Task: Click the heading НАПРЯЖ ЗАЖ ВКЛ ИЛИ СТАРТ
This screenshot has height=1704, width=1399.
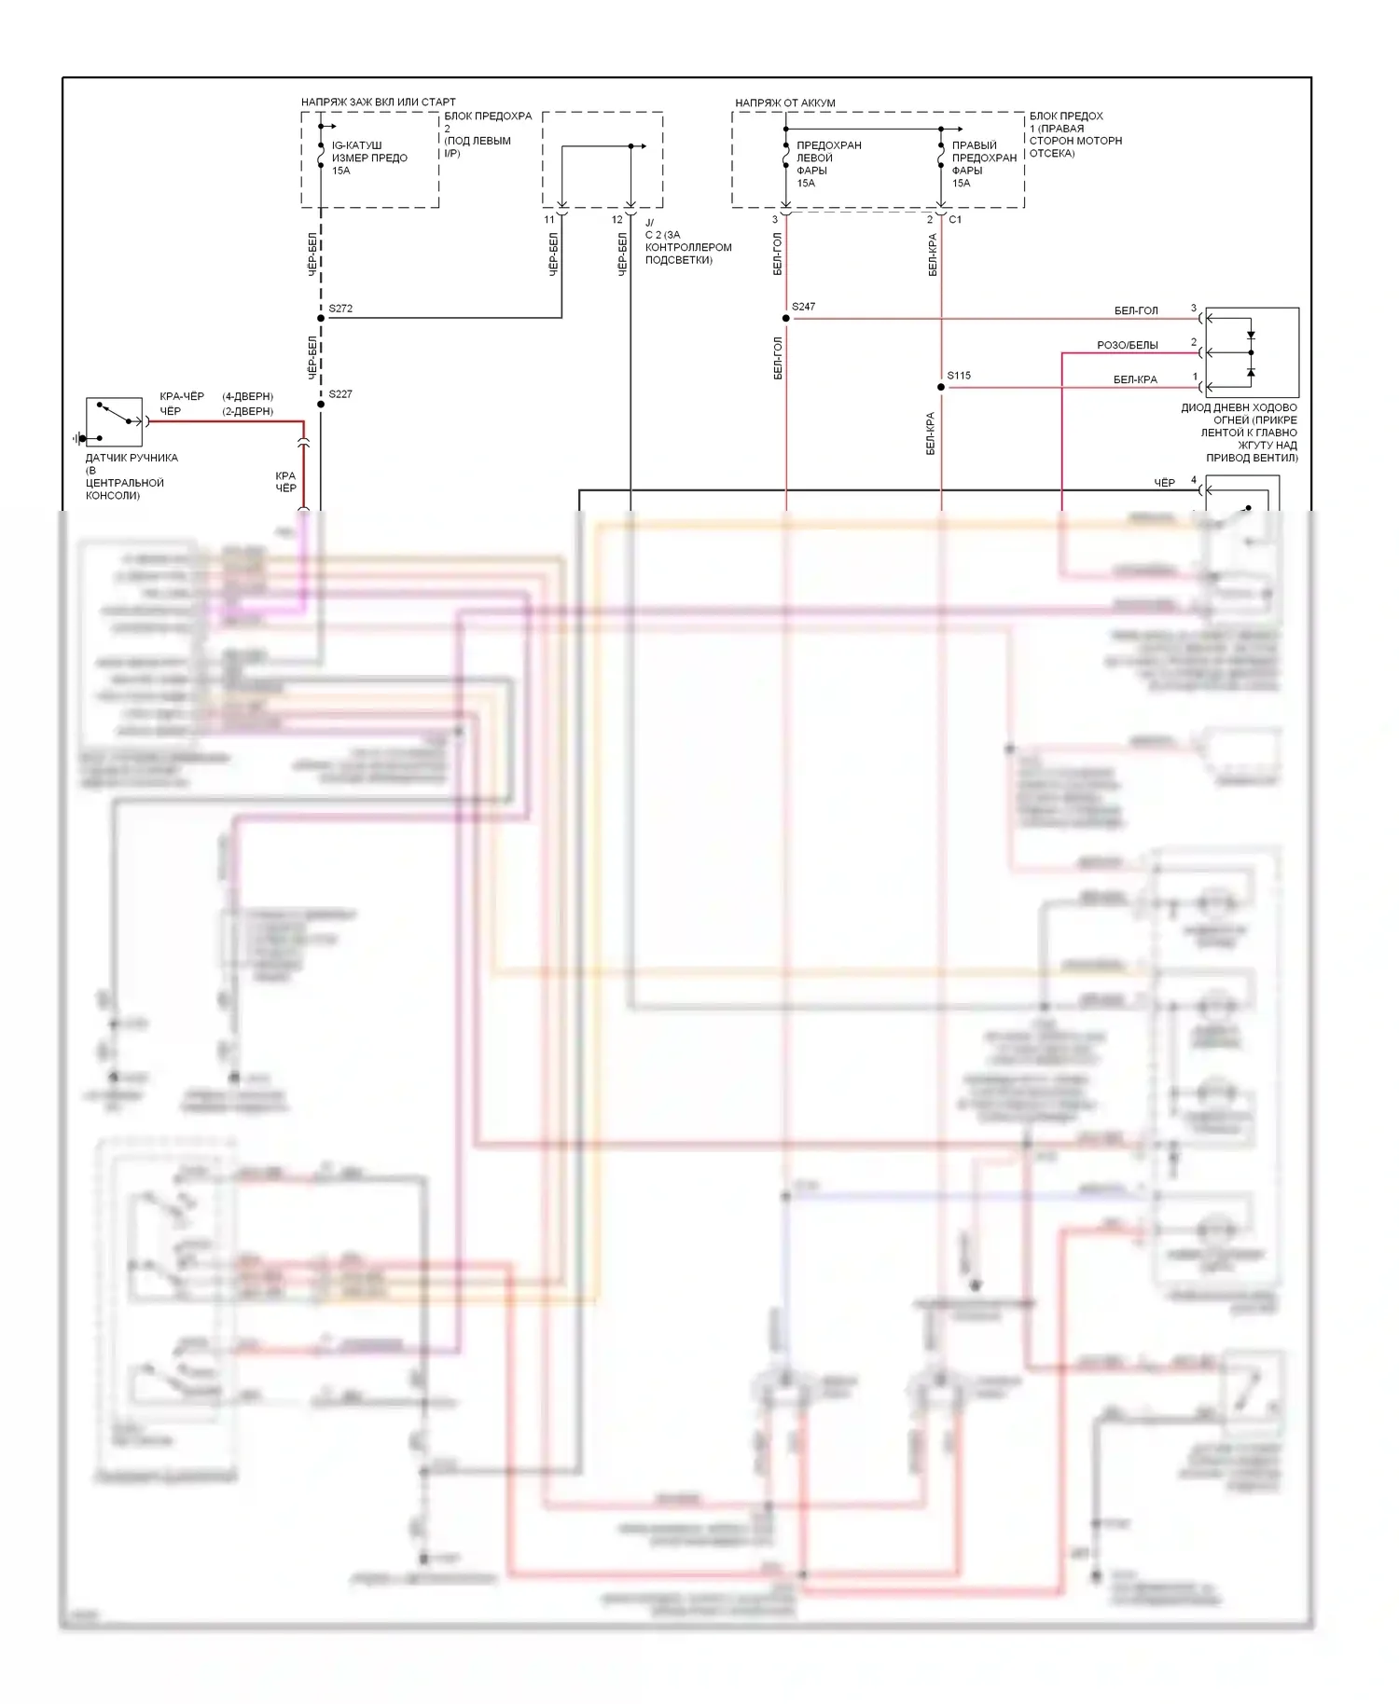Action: (x=378, y=102)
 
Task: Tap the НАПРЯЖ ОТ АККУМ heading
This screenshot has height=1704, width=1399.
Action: (x=784, y=103)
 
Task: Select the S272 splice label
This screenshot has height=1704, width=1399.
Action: (x=340, y=309)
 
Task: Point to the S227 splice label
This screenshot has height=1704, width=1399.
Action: (x=340, y=394)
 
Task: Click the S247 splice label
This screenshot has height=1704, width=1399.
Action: (x=803, y=307)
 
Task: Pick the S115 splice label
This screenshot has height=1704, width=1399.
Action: (x=959, y=376)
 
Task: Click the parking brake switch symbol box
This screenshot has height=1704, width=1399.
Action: (x=114, y=421)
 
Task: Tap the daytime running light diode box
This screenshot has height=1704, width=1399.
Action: (x=1252, y=352)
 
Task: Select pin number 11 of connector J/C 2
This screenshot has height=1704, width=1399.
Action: (x=549, y=220)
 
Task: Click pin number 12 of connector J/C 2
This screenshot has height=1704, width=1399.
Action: (x=617, y=220)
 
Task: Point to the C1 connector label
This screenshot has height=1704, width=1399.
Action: (x=955, y=220)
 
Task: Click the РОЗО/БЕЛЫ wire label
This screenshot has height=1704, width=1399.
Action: (x=1127, y=346)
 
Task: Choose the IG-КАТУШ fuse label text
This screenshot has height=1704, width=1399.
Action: (x=369, y=158)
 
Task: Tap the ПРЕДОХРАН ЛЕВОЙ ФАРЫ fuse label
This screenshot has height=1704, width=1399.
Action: (x=828, y=164)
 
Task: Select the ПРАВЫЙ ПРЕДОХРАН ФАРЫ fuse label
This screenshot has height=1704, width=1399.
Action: (x=984, y=164)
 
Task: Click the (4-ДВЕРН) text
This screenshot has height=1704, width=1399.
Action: (x=247, y=396)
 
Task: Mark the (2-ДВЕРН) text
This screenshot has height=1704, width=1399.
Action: (x=247, y=411)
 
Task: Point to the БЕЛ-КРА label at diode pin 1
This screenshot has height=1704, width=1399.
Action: (x=1135, y=380)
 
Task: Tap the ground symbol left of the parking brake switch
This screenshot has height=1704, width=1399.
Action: (x=78, y=438)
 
